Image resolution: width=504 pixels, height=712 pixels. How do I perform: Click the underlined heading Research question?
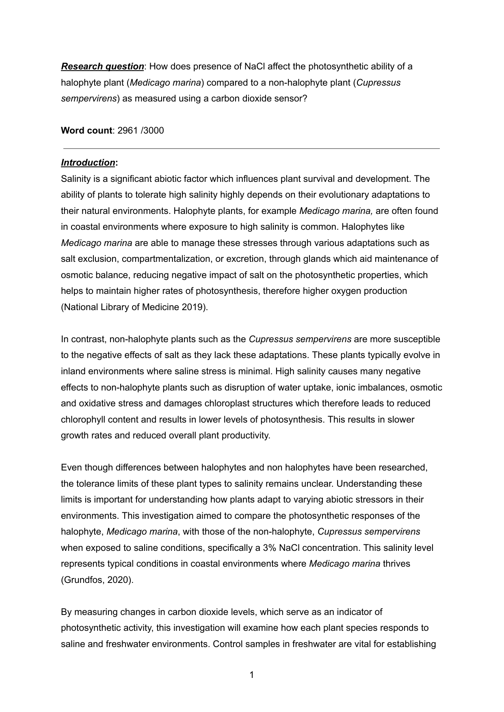[102, 66]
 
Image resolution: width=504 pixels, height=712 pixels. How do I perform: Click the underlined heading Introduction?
[88, 162]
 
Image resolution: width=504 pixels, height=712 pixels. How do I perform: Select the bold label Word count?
[86, 130]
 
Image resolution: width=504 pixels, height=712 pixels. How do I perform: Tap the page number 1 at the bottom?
[252, 675]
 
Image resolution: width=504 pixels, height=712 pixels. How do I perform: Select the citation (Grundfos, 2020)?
[97, 580]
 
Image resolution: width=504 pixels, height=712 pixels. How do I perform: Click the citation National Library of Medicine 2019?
[134, 307]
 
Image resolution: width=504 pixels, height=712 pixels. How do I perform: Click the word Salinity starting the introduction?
[76, 179]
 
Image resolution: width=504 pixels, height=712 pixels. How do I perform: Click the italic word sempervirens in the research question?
[89, 98]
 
